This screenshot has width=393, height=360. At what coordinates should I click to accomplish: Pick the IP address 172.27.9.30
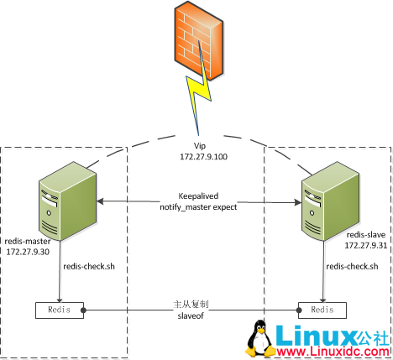point(29,251)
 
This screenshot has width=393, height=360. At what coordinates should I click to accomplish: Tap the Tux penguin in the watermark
point(260,340)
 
